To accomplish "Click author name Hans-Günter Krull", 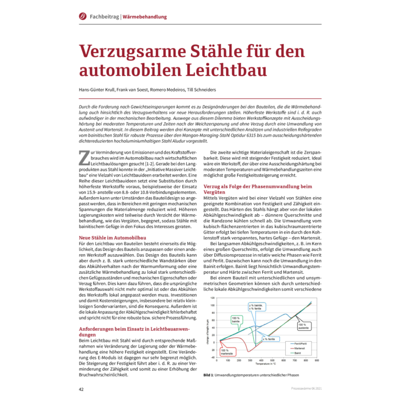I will tap(99, 89).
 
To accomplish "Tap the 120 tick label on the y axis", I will tap(213, 298).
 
